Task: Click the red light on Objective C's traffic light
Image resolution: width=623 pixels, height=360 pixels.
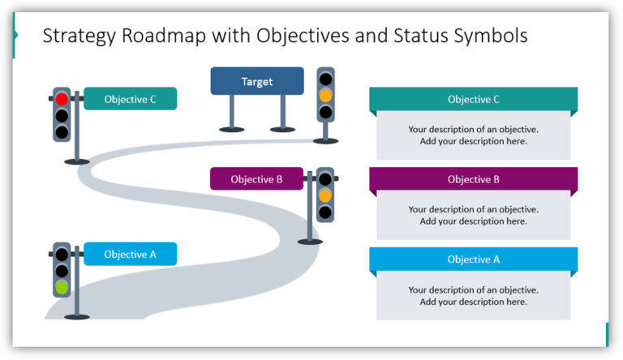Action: (x=62, y=99)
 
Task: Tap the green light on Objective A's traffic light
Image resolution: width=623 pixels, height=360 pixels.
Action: (x=62, y=287)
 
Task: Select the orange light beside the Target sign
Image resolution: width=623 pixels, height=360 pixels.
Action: (x=325, y=95)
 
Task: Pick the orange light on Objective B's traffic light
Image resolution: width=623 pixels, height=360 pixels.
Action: (x=325, y=195)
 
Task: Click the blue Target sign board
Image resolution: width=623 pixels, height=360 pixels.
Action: (x=257, y=81)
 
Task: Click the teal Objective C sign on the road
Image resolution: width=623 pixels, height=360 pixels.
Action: (x=130, y=100)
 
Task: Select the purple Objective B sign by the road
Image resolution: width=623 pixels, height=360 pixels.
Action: (x=256, y=179)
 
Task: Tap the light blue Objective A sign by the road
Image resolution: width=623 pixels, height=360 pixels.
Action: (x=130, y=254)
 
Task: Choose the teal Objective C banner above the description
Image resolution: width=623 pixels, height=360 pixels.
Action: (x=473, y=100)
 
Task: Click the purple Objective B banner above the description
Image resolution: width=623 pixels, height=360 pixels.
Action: (x=473, y=179)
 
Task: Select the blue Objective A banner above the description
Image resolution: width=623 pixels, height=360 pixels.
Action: (x=473, y=259)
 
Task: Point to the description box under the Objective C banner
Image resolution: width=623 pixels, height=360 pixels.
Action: (x=473, y=135)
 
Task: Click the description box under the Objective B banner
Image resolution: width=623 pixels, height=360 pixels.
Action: (x=473, y=215)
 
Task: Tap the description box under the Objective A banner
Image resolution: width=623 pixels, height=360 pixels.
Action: (x=473, y=296)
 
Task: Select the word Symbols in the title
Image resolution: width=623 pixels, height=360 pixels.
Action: (x=491, y=36)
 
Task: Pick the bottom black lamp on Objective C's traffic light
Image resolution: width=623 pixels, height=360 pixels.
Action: (x=62, y=130)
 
